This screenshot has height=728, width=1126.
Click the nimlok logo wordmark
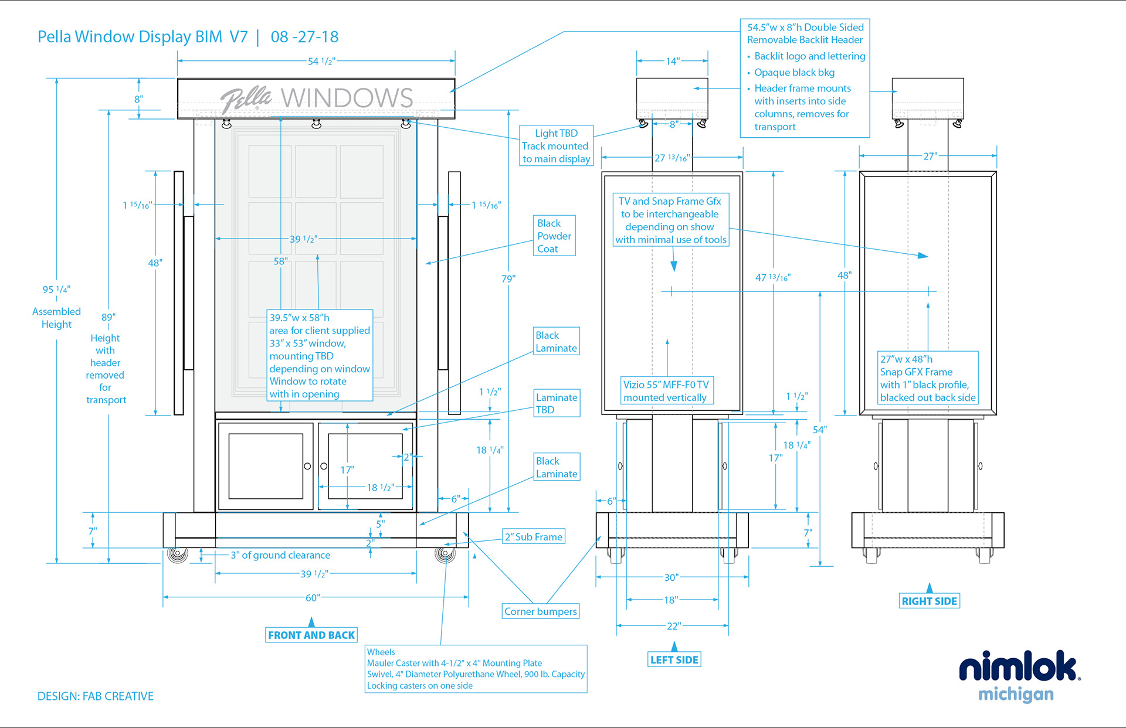[x=1019, y=667]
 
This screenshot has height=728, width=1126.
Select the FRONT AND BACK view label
[x=311, y=635]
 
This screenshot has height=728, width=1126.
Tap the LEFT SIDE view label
[x=674, y=660]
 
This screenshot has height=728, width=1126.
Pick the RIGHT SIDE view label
[x=930, y=601]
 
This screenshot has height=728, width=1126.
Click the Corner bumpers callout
[x=541, y=611]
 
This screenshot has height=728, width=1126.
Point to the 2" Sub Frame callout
[x=534, y=537]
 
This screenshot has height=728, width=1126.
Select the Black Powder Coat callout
[x=554, y=236]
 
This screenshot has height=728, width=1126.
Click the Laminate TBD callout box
[x=557, y=403]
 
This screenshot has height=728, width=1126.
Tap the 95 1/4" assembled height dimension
[x=56, y=290]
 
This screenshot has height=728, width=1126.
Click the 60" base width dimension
[x=313, y=598]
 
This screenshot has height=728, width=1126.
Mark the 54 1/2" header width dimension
[x=321, y=61]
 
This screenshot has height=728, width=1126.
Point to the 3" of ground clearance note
[x=280, y=555]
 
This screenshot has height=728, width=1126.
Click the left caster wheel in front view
[x=177, y=554]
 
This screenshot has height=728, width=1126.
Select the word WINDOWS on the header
[x=347, y=98]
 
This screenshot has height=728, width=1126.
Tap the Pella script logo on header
[x=246, y=99]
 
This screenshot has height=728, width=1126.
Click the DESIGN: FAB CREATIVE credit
[x=96, y=696]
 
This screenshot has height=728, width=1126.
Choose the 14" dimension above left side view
[x=673, y=61]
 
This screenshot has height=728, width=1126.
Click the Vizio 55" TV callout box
[x=666, y=391]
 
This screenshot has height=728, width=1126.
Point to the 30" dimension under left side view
[x=671, y=577]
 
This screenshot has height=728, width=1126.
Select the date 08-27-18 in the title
[x=304, y=37]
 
